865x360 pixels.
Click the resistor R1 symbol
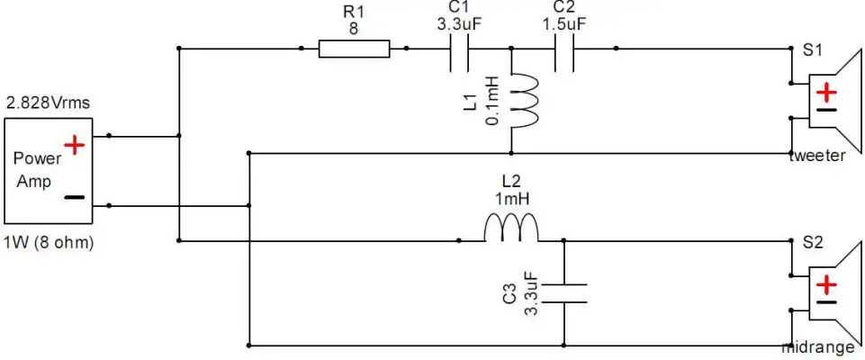coord(355,49)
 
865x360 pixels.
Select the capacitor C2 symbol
coord(564,49)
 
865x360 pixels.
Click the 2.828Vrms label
coord(48,103)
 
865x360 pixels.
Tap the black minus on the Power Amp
coord(75,195)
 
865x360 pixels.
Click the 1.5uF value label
coord(564,26)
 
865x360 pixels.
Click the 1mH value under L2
coord(510,196)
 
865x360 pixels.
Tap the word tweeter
coord(816,155)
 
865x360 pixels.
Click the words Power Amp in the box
coord(37,169)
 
